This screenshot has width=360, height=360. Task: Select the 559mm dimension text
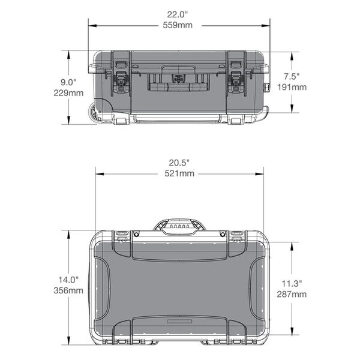click(x=179, y=25)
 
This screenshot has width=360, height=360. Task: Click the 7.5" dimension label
click(x=291, y=76)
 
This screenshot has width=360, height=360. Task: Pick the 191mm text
click(x=291, y=87)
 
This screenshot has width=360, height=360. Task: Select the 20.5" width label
click(x=179, y=163)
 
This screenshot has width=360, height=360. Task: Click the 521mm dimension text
click(x=179, y=173)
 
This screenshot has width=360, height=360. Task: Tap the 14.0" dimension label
click(x=68, y=280)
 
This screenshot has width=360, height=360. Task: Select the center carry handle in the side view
click(x=178, y=84)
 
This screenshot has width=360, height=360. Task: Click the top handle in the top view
click(x=179, y=227)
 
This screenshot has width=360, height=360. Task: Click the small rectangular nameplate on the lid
click(x=179, y=322)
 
